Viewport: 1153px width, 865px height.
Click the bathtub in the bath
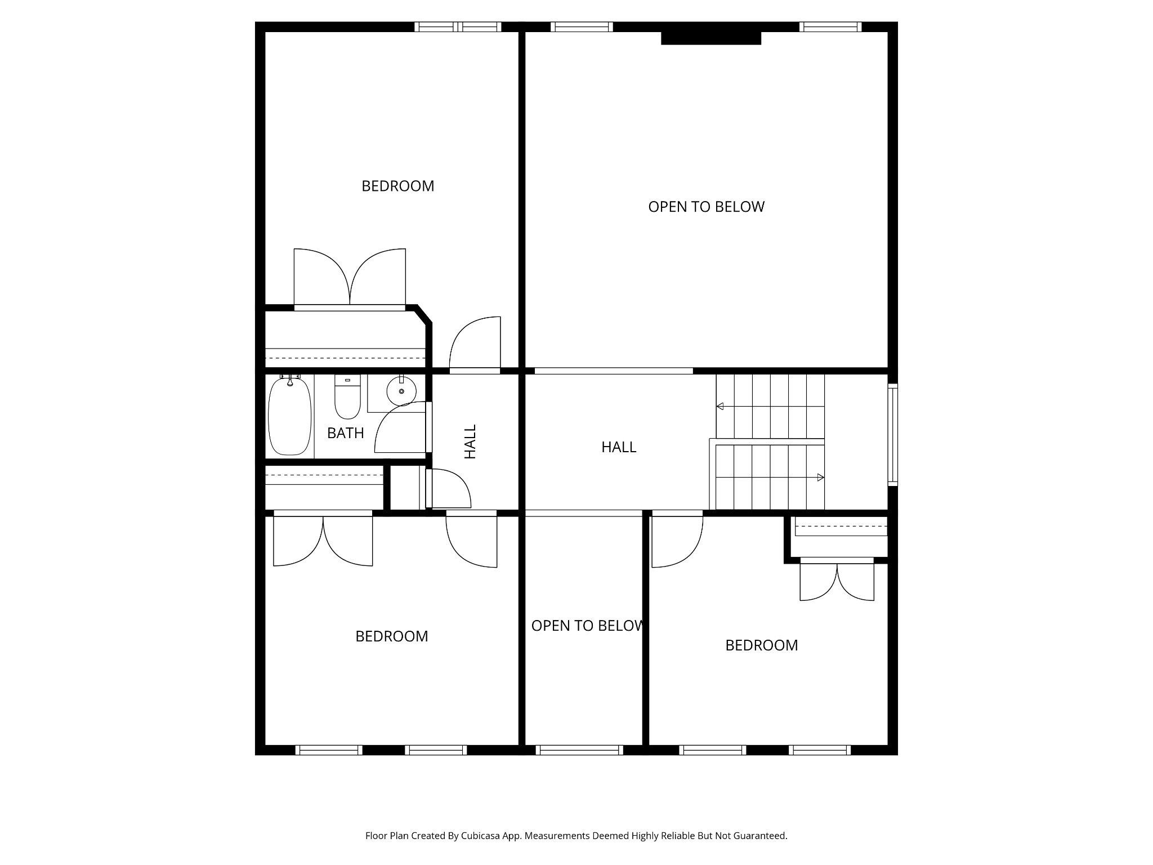tap(290, 416)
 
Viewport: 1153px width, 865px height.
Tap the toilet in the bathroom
tap(347, 398)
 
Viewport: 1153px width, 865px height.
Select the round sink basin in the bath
tap(401, 390)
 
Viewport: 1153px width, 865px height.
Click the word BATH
tap(346, 433)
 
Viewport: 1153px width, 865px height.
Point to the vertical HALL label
tap(470, 442)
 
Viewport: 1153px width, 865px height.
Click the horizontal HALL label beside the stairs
tap(619, 447)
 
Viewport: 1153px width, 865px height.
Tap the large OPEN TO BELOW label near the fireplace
tap(706, 207)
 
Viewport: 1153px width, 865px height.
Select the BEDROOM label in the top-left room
tap(397, 186)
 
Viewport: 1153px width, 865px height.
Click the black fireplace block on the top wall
tap(710, 38)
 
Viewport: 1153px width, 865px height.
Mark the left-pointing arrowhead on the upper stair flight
tap(720, 406)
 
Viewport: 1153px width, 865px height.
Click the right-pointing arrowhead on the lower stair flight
tap(820, 478)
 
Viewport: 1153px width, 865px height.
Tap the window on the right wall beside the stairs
tap(892, 434)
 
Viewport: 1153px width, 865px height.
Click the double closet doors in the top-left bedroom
tap(350, 279)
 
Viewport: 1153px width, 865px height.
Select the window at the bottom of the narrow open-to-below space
tap(579, 750)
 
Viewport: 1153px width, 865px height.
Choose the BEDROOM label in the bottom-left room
tap(391, 636)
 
